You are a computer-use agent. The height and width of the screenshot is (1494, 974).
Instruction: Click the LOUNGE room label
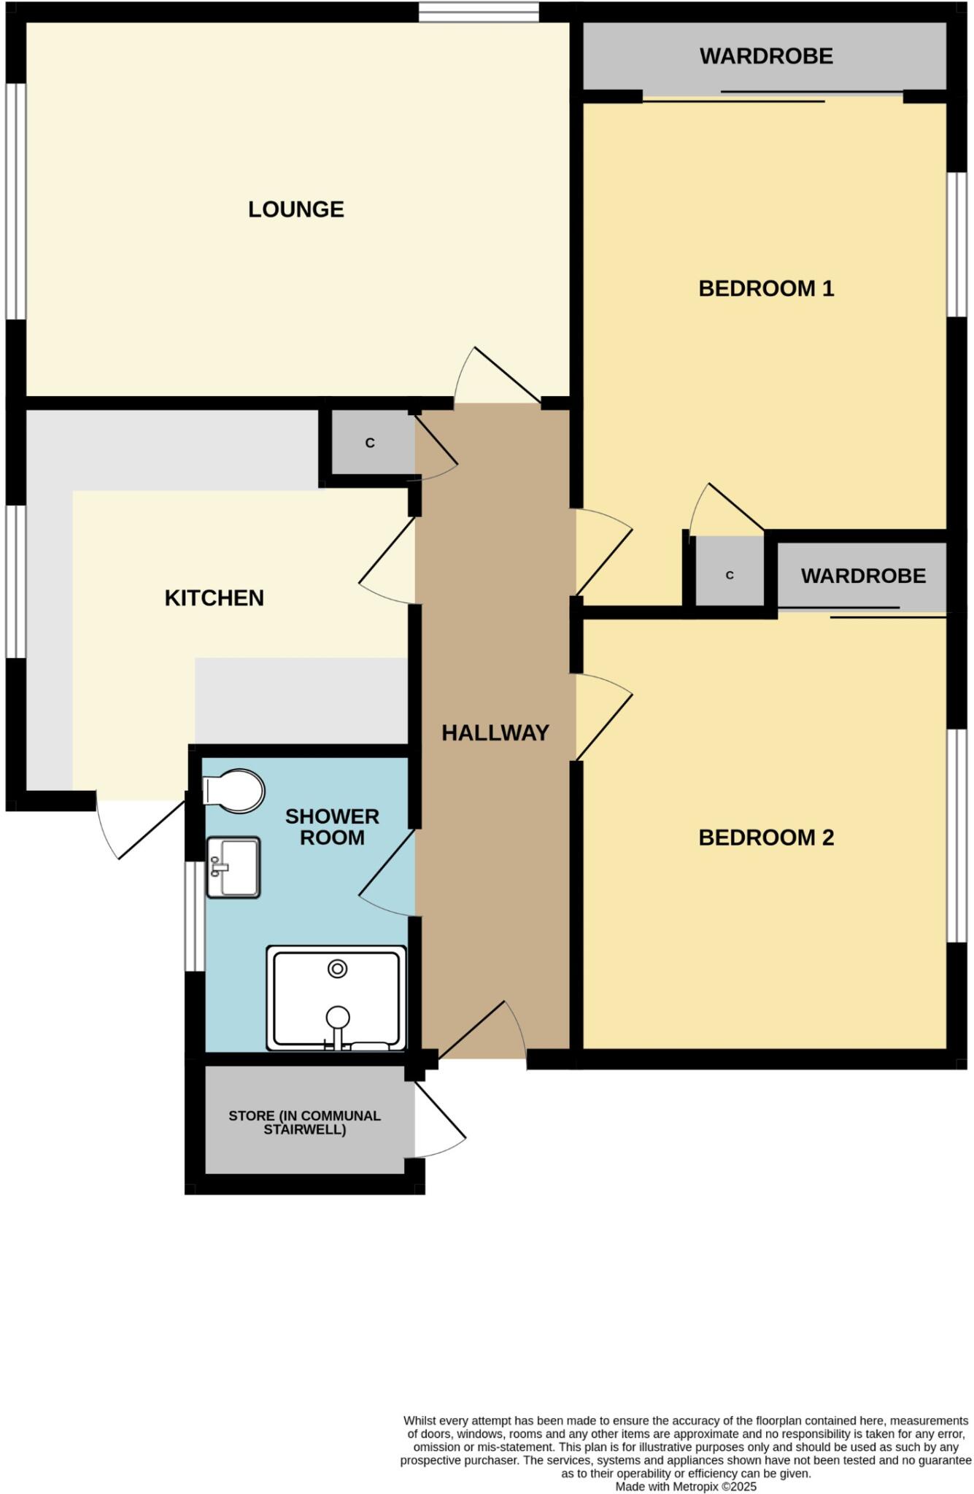(x=295, y=209)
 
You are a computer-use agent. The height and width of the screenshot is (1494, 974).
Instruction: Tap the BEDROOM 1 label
(x=765, y=288)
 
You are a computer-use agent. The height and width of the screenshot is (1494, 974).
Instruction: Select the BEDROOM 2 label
(x=765, y=837)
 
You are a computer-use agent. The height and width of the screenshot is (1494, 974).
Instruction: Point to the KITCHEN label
(x=214, y=597)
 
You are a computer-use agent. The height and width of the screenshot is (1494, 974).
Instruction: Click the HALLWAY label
(x=495, y=732)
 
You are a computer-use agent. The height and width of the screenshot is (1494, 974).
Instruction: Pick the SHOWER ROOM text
(x=332, y=827)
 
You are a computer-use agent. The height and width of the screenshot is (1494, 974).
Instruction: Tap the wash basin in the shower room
(x=233, y=867)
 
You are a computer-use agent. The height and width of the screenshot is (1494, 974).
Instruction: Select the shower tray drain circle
(x=337, y=969)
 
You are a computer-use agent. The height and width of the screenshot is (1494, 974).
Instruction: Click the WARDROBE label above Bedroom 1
(x=765, y=56)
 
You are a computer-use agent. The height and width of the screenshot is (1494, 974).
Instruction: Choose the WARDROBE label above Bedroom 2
(x=863, y=576)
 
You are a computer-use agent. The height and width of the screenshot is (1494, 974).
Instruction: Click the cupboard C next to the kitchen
(x=370, y=443)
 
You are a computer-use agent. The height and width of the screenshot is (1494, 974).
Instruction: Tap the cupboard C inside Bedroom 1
(x=729, y=575)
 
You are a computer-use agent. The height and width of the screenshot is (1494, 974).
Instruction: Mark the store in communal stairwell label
(x=304, y=1123)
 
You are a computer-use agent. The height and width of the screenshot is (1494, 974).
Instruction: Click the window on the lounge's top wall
(x=479, y=11)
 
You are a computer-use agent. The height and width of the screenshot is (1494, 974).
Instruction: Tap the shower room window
(x=194, y=916)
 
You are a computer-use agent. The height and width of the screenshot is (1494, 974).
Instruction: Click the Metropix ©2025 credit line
(x=685, y=1486)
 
